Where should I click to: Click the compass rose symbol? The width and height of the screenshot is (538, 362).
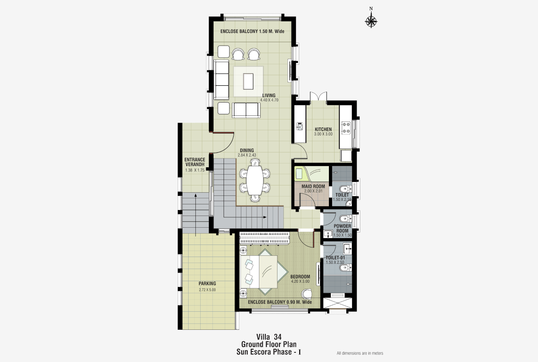pos(371,21)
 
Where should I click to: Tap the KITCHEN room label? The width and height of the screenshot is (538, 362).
pos(323,129)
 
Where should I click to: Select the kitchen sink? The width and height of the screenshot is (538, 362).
pos(300,126)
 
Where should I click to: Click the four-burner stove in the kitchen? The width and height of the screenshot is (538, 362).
pos(346,128)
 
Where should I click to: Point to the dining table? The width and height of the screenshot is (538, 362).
pos(255,180)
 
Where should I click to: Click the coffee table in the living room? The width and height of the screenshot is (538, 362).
pos(248,81)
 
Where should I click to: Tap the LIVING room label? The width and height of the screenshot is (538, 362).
pos(269,95)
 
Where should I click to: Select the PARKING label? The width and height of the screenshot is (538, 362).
pos(207,284)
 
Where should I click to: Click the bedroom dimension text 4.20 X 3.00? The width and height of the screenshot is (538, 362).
pos(300,281)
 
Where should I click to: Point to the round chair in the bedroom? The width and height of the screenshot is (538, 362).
pos(307,294)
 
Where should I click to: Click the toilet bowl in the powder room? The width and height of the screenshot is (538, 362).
pos(345,219)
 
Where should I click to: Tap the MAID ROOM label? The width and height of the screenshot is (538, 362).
pos(313,186)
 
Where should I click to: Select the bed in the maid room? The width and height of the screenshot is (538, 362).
pos(312,174)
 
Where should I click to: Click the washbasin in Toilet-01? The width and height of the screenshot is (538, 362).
pos(347,249)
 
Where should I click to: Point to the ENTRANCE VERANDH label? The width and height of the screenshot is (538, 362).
pos(195,162)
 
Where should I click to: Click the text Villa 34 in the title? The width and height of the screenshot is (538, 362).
pos(269,337)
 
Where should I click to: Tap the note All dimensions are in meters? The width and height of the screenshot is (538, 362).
pos(360,353)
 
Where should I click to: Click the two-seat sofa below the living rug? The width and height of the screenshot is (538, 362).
pos(246,110)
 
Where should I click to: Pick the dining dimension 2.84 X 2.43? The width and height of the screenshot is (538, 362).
pos(247,155)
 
